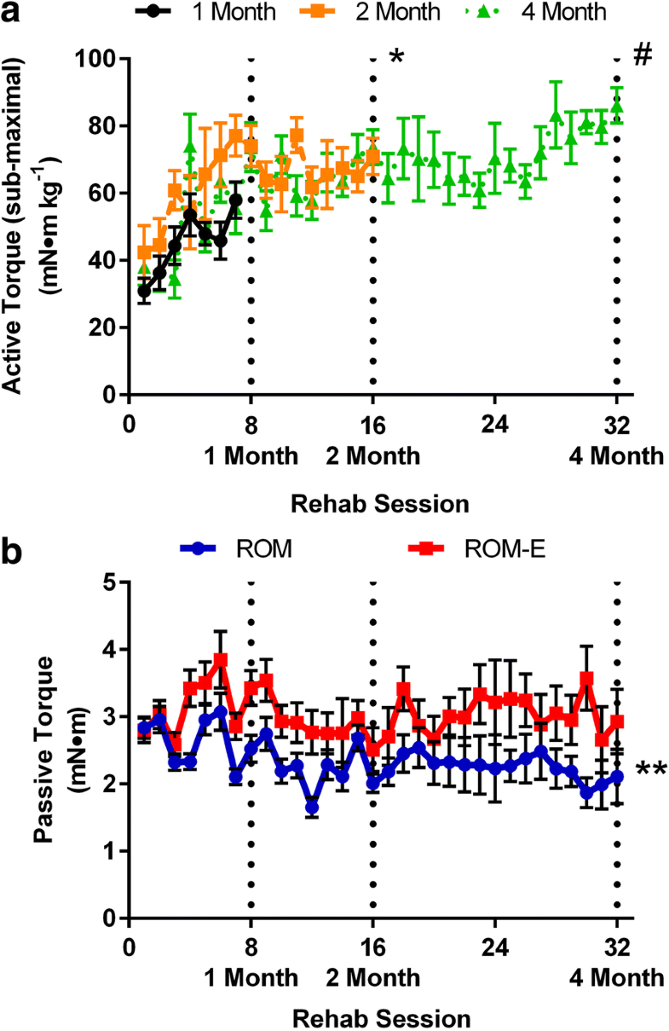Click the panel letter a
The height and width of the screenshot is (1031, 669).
point(12,12)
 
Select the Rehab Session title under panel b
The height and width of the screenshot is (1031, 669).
point(380,1017)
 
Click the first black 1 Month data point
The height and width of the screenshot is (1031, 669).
point(144,291)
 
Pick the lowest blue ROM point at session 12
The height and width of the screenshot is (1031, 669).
point(312,808)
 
